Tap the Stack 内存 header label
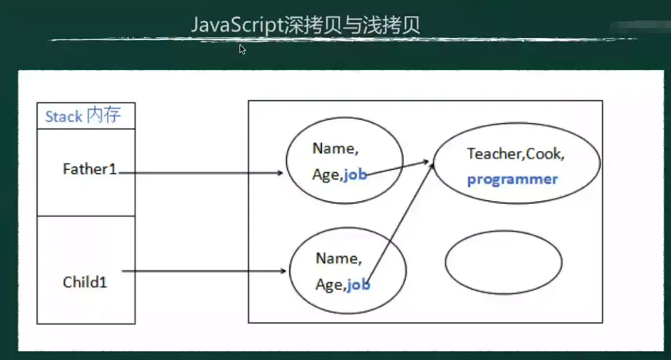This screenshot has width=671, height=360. coord(83,116)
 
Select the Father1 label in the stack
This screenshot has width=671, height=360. coord(90,169)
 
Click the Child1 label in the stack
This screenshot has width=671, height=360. coord(85,282)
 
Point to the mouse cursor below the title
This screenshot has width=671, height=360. coord(242,49)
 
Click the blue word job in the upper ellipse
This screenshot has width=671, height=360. coord(355,175)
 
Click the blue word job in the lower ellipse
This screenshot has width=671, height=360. coord(358,285)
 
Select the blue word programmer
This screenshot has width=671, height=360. coord(512,179)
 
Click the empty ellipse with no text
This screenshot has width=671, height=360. coord(503,262)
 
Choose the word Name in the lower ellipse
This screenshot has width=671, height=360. coord(337,258)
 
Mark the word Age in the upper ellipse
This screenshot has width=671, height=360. coord(325,176)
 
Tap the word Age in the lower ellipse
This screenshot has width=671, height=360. coord(328,285)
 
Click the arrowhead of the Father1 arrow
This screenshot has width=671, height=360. coord(281,172)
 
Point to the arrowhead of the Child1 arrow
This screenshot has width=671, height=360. coord(284,271)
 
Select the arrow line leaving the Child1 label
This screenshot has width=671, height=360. coord(200,271)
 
